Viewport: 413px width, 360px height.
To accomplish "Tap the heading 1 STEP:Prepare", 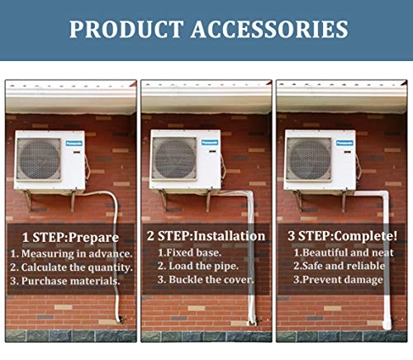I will (x=70, y=238).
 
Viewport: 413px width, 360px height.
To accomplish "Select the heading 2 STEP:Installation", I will (x=206, y=236).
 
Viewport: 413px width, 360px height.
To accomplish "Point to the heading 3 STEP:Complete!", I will (x=342, y=236).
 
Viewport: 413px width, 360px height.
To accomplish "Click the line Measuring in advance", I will (x=72, y=253).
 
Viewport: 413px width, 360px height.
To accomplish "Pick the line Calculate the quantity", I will (x=72, y=267).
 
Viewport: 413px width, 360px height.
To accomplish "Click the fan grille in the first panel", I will (x=39, y=159).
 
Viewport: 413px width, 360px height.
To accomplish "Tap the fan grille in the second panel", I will (x=174, y=158).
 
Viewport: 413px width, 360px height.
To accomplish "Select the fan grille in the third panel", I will (x=309, y=159).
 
